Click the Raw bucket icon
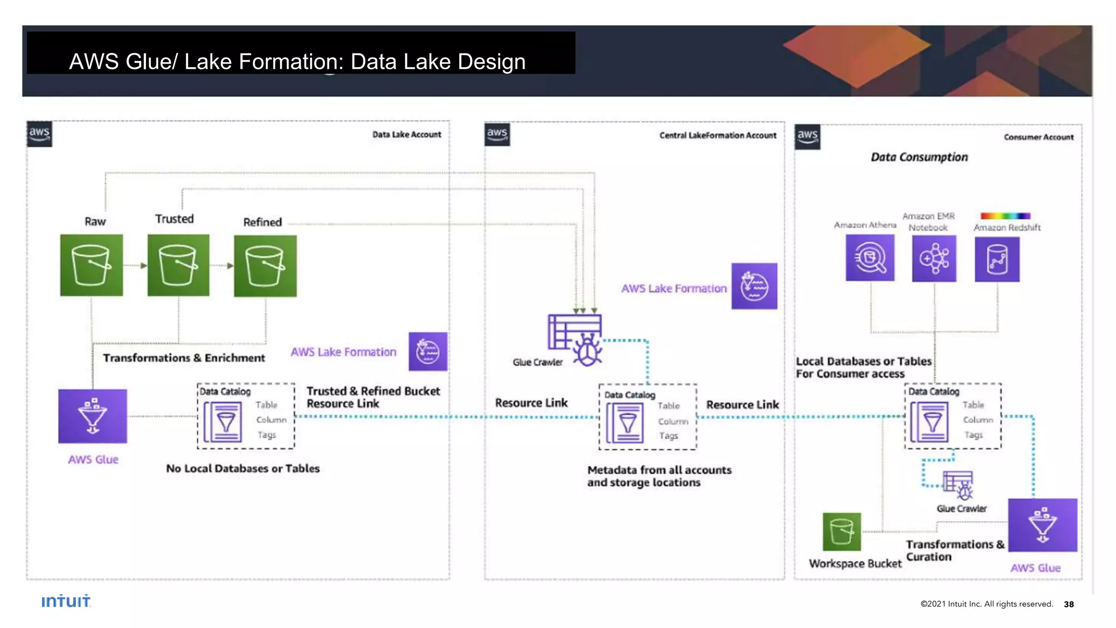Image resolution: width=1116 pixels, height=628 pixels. (x=92, y=265)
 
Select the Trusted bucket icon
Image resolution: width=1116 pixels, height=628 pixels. (x=178, y=265)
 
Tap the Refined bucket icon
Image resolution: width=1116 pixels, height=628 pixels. (x=265, y=265)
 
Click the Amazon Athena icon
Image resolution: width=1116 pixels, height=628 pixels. (x=870, y=258)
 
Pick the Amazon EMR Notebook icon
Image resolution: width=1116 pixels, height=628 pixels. (x=934, y=258)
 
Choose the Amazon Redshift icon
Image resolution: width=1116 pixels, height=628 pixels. (x=997, y=259)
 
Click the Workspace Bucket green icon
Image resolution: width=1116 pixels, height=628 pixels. (x=841, y=532)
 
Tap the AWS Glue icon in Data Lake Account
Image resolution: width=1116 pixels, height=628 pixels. (x=93, y=416)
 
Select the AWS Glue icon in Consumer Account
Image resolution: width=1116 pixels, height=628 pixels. (x=1042, y=524)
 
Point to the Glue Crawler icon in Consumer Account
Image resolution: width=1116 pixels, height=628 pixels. (x=959, y=485)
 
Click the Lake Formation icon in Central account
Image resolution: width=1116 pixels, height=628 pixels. (x=754, y=286)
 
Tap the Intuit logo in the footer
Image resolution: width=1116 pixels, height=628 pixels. (x=66, y=601)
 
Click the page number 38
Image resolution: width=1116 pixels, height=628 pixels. (x=1069, y=604)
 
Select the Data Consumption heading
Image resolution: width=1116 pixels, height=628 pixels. (x=919, y=157)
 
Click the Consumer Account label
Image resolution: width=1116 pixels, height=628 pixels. (x=1039, y=137)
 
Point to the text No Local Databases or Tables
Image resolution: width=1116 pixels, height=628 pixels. (x=242, y=468)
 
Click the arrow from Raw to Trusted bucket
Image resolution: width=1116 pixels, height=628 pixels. (x=135, y=265)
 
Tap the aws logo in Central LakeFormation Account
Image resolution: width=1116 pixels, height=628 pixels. (x=497, y=134)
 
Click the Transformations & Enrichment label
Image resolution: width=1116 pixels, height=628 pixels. (x=184, y=358)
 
